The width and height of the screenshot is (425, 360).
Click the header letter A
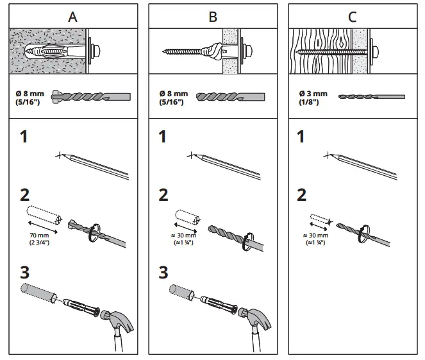[x=72, y=17]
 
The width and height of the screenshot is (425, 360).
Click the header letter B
[x=213, y=17]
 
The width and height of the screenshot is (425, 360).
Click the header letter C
[x=352, y=17]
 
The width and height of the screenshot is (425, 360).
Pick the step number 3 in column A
[x=24, y=272]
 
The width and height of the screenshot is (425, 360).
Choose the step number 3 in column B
[x=164, y=272]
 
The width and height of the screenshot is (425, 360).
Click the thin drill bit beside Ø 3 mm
[x=372, y=96]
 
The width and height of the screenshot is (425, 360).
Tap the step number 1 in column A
[x=24, y=137]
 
